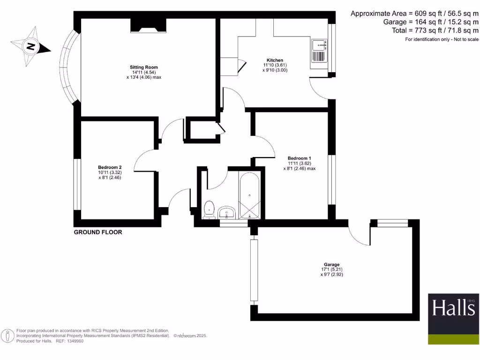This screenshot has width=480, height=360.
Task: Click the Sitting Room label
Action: (x=143, y=67)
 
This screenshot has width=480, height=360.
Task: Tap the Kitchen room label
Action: (x=275, y=60)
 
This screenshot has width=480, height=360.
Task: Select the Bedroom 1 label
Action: (x=299, y=158)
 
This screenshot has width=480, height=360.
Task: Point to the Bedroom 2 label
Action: (x=110, y=167)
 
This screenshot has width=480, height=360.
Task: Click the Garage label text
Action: (x=331, y=264)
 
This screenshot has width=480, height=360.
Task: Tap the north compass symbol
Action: (x=31, y=47)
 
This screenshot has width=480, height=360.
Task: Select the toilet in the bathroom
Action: (x=210, y=209)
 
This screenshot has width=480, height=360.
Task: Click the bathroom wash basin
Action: (x=227, y=212)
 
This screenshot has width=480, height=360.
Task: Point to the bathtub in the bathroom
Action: (x=249, y=196)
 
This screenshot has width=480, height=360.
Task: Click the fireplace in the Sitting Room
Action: (x=147, y=25)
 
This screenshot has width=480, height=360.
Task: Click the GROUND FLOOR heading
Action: (x=98, y=232)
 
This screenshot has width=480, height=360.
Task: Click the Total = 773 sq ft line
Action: (x=435, y=30)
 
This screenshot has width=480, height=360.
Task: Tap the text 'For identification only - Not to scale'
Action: (x=442, y=39)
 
